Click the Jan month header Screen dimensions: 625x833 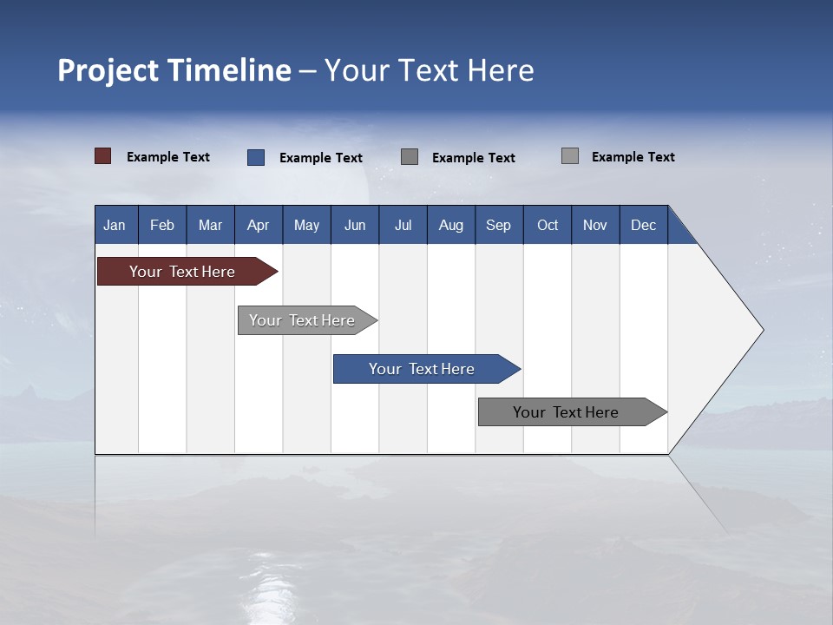(115, 225)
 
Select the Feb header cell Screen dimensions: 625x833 (162, 225)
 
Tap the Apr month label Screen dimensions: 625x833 (258, 225)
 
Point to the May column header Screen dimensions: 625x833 (306, 225)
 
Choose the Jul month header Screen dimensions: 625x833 (403, 225)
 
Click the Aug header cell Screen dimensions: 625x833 (450, 225)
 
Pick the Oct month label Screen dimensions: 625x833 (548, 225)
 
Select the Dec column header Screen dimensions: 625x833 (643, 225)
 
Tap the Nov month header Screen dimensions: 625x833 (595, 225)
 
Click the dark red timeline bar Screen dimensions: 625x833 (182, 272)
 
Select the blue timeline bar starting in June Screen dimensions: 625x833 (422, 369)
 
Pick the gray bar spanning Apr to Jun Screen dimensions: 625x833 (302, 320)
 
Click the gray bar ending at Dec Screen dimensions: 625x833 (566, 412)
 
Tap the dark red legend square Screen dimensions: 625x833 (103, 156)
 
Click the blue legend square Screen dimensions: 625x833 (256, 157)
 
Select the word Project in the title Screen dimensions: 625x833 (108, 70)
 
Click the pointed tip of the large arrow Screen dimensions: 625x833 (762, 330)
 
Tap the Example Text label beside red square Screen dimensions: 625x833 (168, 157)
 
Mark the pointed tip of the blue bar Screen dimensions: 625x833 (519, 369)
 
